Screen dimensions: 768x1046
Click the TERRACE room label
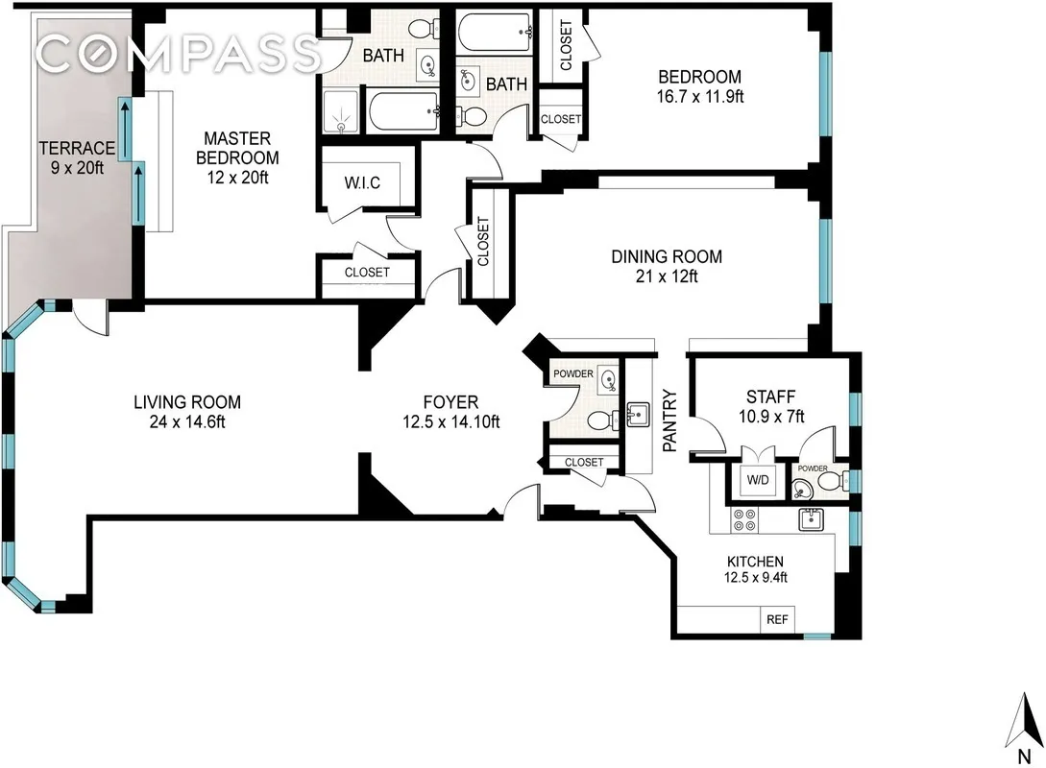click(77, 148)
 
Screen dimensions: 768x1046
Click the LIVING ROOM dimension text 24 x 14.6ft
click(186, 421)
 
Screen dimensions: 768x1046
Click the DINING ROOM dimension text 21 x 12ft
click(667, 276)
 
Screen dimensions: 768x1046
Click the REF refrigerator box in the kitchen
click(777, 620)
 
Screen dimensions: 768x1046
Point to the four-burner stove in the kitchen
click(743, 519)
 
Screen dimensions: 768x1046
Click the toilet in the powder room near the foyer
click(598, 420)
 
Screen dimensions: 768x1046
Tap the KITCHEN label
click(754, 562)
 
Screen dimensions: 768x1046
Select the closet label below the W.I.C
click(367, 273)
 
